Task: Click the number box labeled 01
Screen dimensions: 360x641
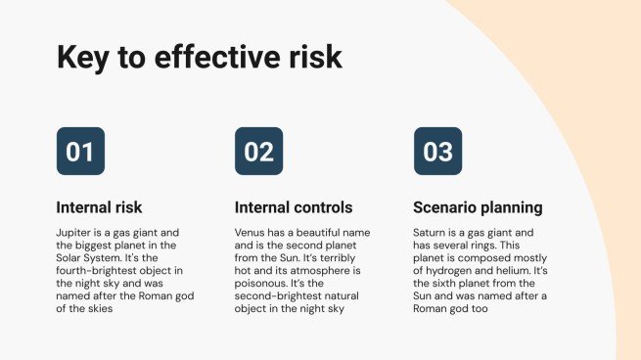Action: pos(80,152)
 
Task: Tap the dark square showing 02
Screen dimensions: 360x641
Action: pos(258,152)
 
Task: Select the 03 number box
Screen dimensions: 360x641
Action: pos(437,152)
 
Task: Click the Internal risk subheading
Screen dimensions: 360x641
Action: pos(100,207)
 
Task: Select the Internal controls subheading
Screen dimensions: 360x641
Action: pos(294,207)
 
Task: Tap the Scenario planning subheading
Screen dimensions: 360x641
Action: pos(478,207)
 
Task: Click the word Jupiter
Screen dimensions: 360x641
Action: pos(76,233)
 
